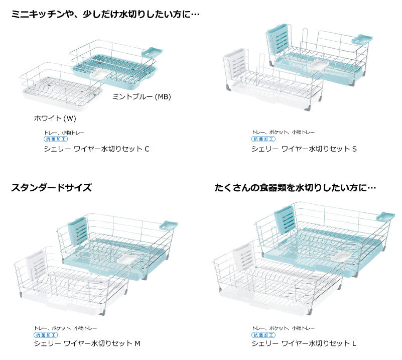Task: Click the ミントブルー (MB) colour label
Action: click(x=142, y=97)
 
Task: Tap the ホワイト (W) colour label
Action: click(x=55, y=118)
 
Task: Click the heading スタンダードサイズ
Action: click(x=51, y=187)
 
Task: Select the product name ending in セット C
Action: click(x=97, y=149)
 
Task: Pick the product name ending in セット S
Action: click(x=304, y=149)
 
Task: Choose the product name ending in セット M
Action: click(x=87, y=343)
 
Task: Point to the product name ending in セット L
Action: click(x=304, y=343)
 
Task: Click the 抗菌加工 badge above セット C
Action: click(x=56, y=139)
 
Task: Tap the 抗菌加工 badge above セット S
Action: click(x=263, y=139)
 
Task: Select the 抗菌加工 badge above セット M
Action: click(x=46, y=335)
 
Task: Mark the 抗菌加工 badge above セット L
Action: click(x=263, y=335)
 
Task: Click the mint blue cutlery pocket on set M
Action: click(x=78, y=231)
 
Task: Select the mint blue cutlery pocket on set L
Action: click(x=285, y=219)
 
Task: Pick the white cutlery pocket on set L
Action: click(x=242, y=257)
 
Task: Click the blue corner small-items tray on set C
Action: click(x=152, y=52)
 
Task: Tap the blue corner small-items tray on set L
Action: click(x=385, y=217)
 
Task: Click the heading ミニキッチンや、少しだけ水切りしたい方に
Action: click(x=105, y=14)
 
